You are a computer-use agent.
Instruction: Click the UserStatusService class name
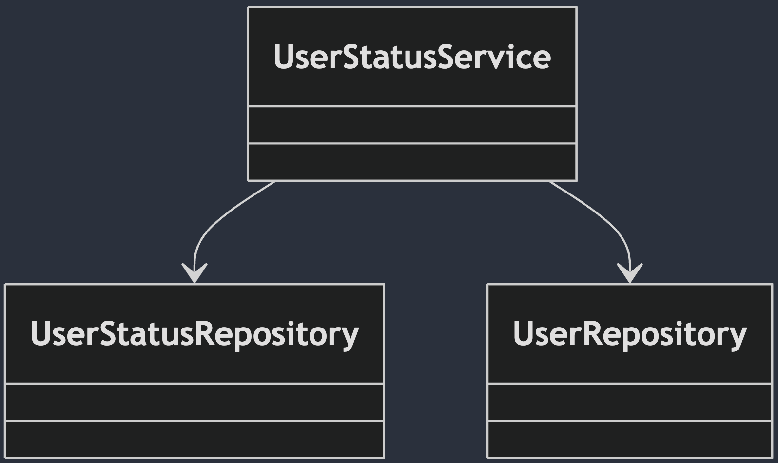(x=412, y=57)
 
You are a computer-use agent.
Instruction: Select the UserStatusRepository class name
(x=194, y=334)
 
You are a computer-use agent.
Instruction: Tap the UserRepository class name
(x=630, y=334)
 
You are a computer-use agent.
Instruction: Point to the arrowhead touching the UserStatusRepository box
(x=194, y=274)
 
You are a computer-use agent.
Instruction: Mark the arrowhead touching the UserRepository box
(x=630, y=274)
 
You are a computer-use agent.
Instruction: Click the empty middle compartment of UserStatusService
(x=412, y=125)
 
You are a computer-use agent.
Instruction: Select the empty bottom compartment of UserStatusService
(x=412, y=162)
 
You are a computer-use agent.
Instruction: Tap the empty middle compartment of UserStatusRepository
(x=194, y=402)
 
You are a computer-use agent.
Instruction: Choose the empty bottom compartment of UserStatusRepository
(x=194, y=439)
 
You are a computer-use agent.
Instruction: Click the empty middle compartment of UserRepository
(x=630, y=402)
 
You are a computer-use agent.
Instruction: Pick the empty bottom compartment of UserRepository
(x=630, y=439)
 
